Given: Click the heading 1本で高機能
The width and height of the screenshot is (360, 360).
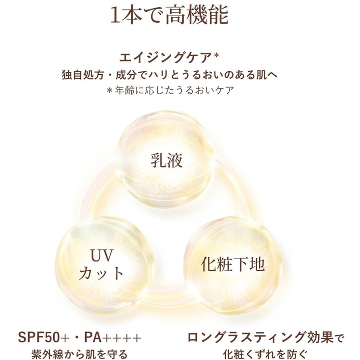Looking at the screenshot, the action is coord(169,15).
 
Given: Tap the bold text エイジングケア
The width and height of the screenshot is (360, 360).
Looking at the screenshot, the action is coord(165,58).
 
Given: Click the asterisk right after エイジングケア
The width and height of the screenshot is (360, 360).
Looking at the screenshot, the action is coord(216,56).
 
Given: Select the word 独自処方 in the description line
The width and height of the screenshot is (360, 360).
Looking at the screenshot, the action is coord(83,75).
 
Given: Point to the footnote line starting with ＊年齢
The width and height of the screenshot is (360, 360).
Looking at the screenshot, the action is coord(170,90).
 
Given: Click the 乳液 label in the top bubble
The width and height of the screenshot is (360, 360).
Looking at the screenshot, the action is coord(166,160).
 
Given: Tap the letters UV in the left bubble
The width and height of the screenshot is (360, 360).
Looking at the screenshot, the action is coord(102,255).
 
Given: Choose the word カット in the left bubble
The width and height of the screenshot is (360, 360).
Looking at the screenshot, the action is coord(101,273).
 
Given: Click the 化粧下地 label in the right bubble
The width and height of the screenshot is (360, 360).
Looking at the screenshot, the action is coord(233,264).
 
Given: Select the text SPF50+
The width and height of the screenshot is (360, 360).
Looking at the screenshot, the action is coord(44,337).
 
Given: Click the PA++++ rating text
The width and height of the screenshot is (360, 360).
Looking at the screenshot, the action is coord(113,337).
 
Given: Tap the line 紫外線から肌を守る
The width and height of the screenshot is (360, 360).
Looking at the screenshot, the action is coord(79,354).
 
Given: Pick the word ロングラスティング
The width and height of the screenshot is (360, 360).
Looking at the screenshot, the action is coord(246,337).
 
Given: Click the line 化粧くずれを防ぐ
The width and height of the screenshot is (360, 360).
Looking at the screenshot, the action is coord(265,354).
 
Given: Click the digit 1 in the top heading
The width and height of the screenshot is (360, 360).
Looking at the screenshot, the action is coord(116,15).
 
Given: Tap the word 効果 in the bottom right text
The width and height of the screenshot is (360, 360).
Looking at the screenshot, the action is coord(320,337).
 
